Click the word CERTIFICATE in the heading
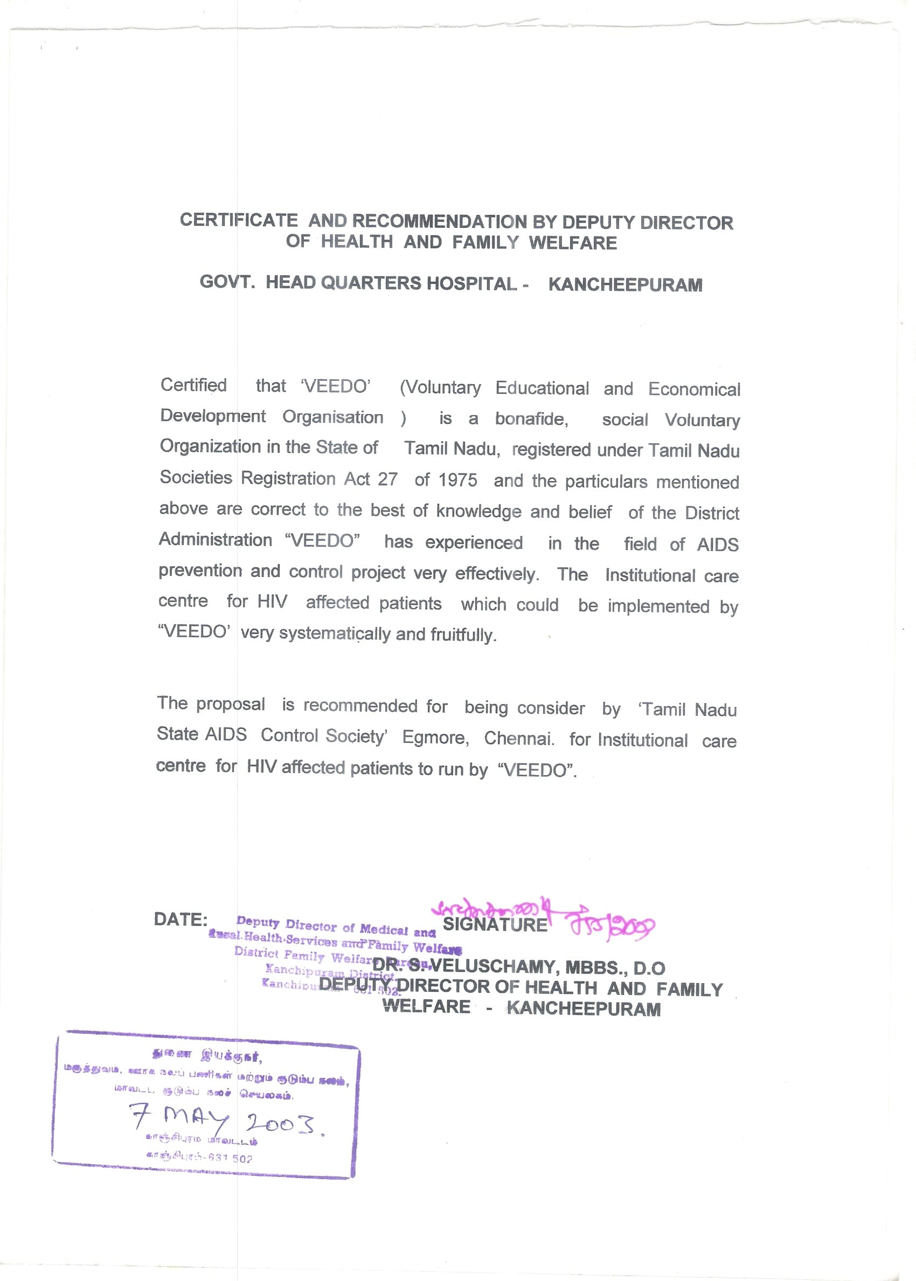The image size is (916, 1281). (239, 220)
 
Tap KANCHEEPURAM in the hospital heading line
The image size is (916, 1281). (625, 285)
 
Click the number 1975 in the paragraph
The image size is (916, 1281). (457, 480)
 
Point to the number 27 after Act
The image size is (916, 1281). (387, 479)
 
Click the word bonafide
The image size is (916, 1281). (531, 419)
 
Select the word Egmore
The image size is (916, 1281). (435, 737)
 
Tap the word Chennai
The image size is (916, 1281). (519, 739)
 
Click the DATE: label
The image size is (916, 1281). (181, 920)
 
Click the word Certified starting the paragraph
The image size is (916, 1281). (193, 385)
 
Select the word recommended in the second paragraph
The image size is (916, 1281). (361, 706)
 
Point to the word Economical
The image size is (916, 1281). (694, 389)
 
